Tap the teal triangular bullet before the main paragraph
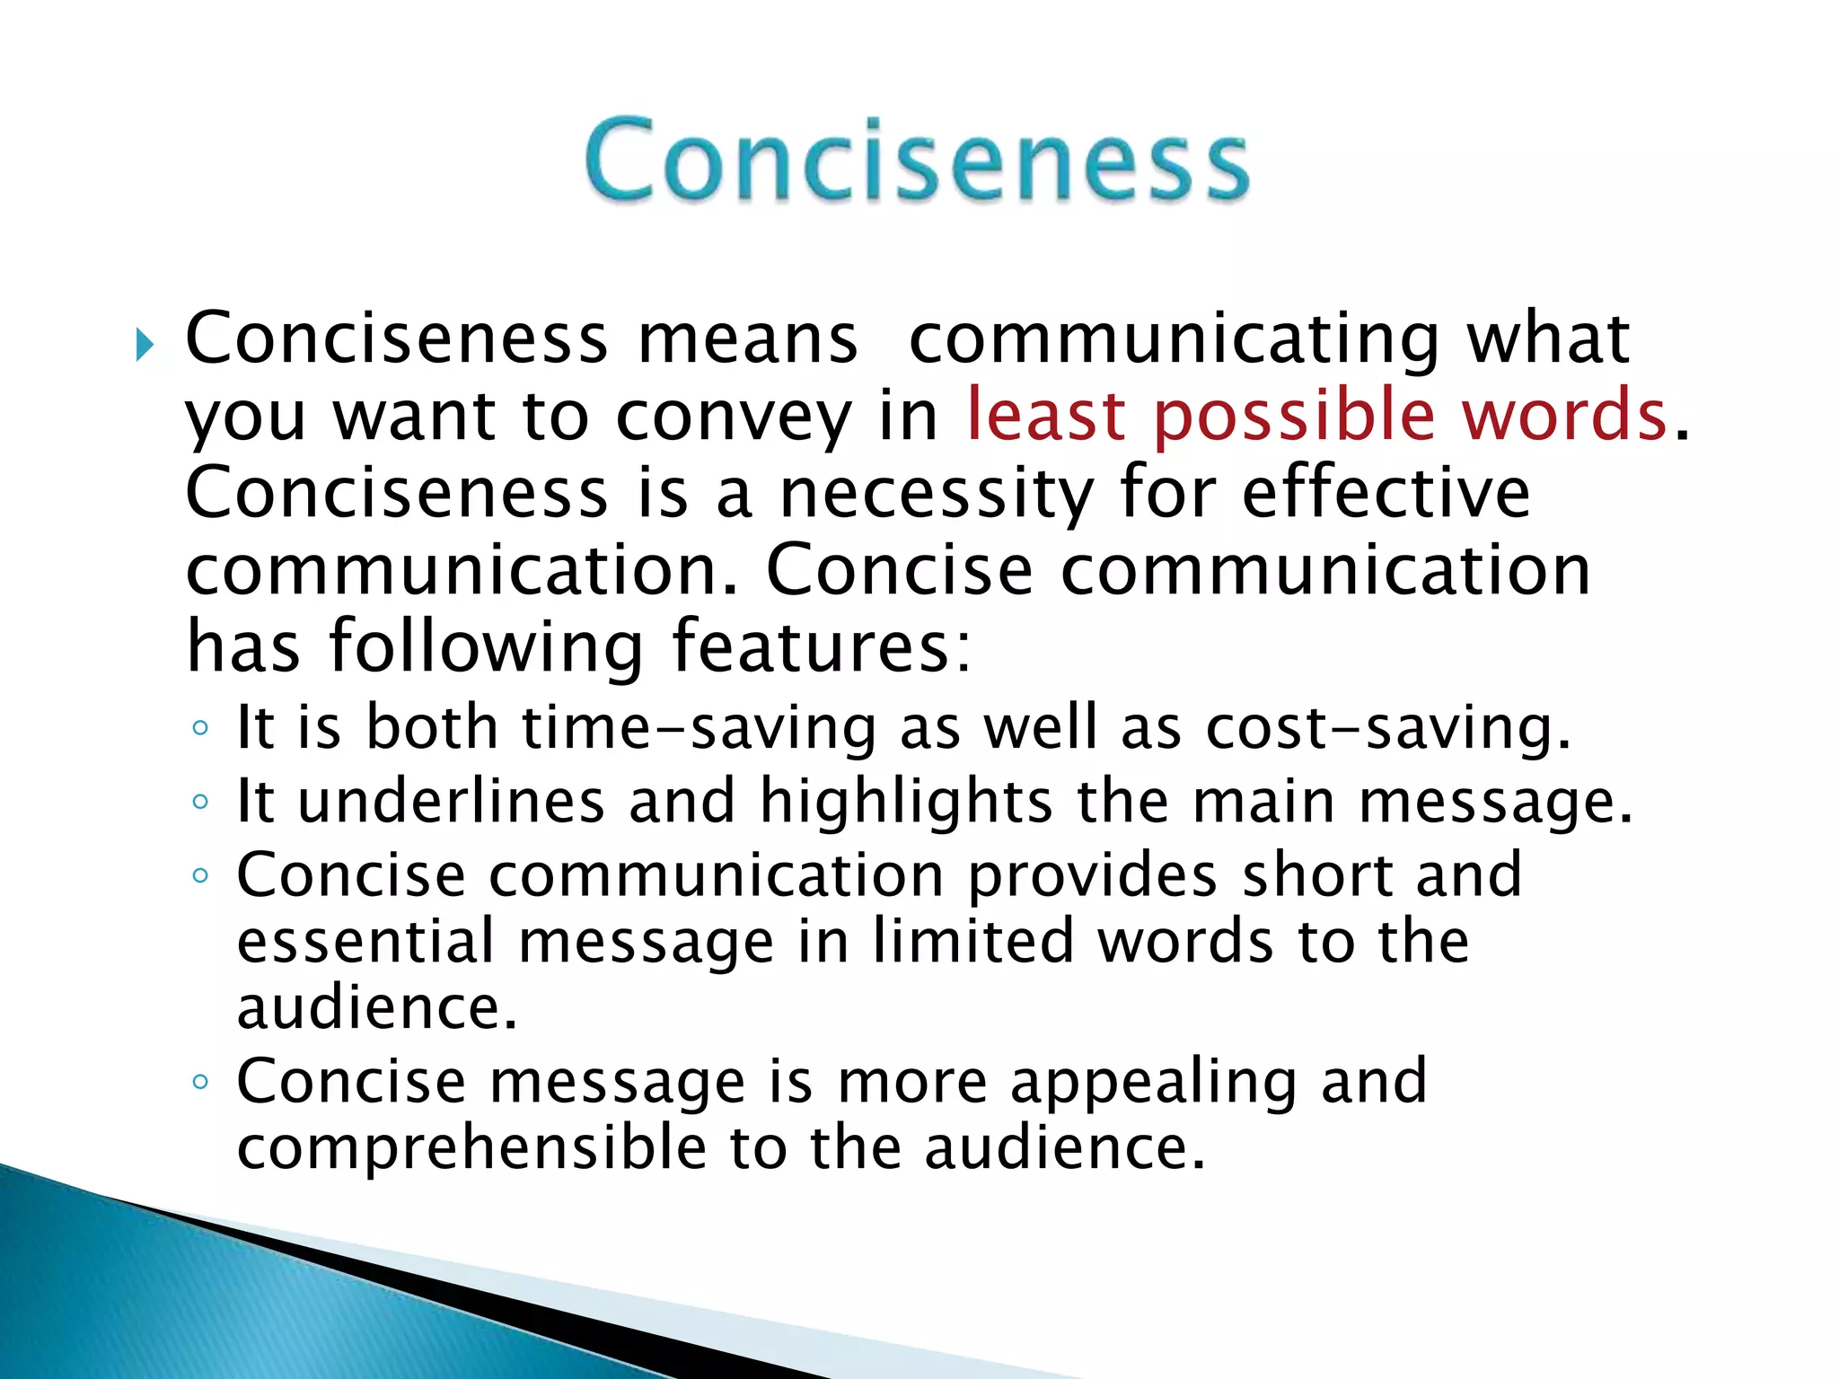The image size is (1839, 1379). tap(145, 345)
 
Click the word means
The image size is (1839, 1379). tap(747, 341)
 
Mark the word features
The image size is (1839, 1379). tap(821, 646)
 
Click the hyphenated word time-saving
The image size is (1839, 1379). tap(699, 729)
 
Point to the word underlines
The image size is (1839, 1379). tap(451, 801)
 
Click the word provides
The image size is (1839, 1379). tap(1091, 876)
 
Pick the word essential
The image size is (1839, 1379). tap(365, 942)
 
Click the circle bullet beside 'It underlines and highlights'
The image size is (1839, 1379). tap(200, 801)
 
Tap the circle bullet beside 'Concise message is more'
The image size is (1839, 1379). tap(200, 1082)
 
